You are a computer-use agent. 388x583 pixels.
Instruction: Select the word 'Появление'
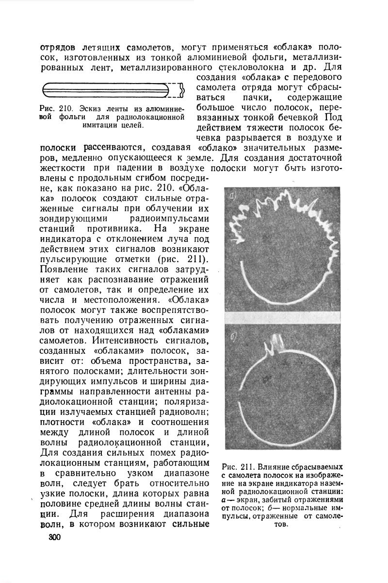coord(64,269)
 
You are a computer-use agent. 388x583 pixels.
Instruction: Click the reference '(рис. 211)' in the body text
coord(184,258)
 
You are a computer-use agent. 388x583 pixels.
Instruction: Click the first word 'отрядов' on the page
coord(57,48)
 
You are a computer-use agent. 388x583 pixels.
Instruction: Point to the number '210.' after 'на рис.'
coord(160,188)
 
